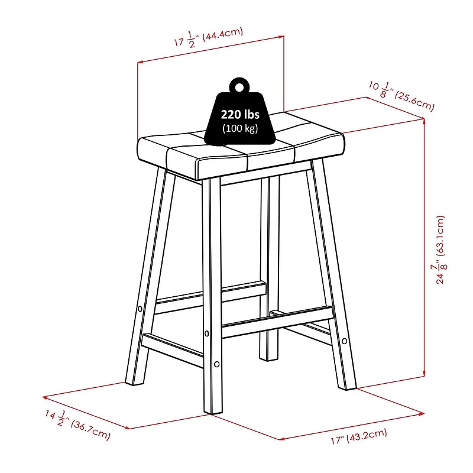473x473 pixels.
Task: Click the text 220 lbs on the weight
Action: coord(240,115)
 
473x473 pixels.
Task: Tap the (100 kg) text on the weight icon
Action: coord(240,128)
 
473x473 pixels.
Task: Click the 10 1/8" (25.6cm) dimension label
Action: coord(401,96)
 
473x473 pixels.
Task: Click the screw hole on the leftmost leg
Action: coord(140,309)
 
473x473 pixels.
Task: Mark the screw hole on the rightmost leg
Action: coord(344,340)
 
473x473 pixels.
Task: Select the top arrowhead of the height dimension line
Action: coord(424,121)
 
